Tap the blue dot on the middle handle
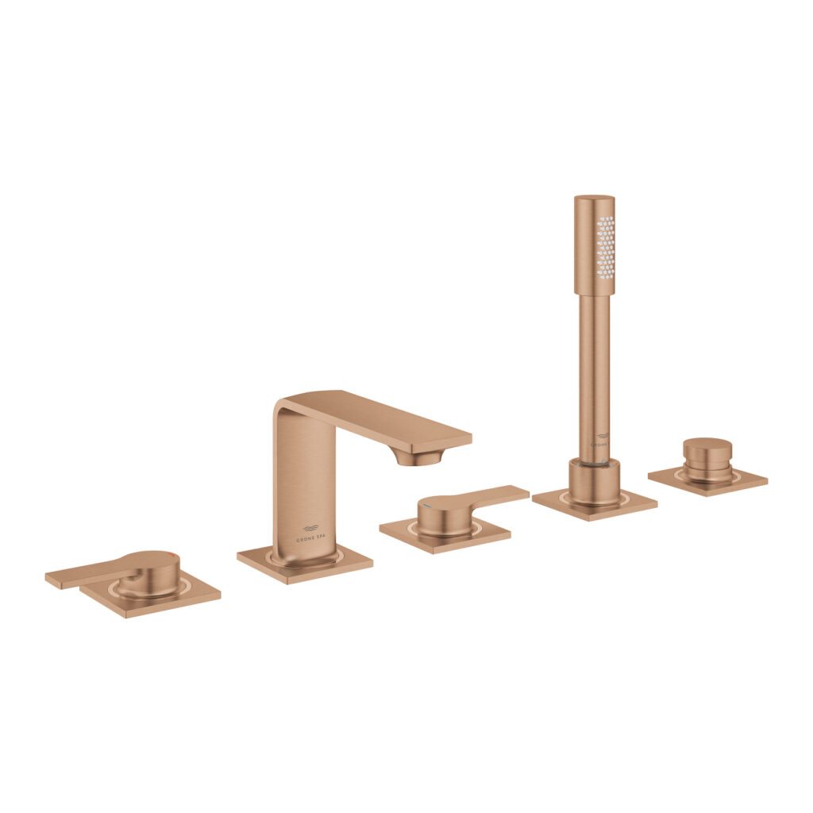click(427, 504)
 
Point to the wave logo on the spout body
click(310, 528)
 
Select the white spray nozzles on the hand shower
click(605, 242)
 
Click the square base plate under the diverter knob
click(746, 480)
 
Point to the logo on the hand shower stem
click(601, 439)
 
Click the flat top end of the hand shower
click(594, 198)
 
